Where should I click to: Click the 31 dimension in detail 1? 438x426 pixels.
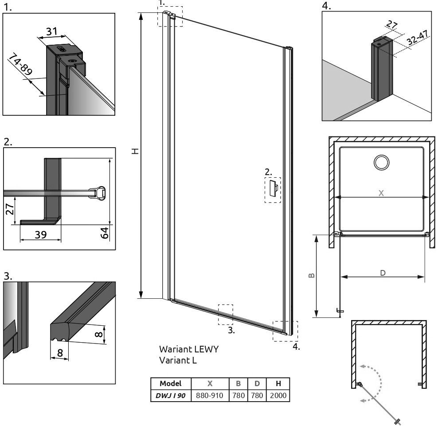[x=52, y=31]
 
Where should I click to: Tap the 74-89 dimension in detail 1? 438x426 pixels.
[x=20, y=65]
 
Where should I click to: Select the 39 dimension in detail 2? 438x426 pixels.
[x=40, y=234]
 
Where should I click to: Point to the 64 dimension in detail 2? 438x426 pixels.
[x=105, y=233]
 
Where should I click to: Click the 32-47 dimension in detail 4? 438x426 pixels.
[x=417, y=37]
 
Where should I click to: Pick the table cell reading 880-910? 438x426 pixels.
[x=210, y=395]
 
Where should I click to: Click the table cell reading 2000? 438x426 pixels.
[x=278, y=395]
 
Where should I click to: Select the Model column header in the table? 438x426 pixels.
[x=170, y=383]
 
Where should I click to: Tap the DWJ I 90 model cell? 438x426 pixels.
[x=170, y=395]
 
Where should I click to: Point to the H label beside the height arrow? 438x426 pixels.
[x=135, y=151]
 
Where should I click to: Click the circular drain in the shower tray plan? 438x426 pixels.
[x=381, y=162]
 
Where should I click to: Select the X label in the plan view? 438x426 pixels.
[x=381, y=193]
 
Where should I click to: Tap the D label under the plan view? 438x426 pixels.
[x=383, y=273]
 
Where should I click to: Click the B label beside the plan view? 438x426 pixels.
[x=312, y=275]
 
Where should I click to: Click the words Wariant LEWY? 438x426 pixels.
[x=189, y=349]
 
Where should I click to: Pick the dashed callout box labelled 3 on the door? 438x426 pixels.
[x=225, y=314]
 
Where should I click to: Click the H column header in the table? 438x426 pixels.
[x=278, y=383]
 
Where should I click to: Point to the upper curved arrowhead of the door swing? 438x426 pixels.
[x=363, y=366]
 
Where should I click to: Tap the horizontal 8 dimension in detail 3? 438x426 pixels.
[x=60, y=353]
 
